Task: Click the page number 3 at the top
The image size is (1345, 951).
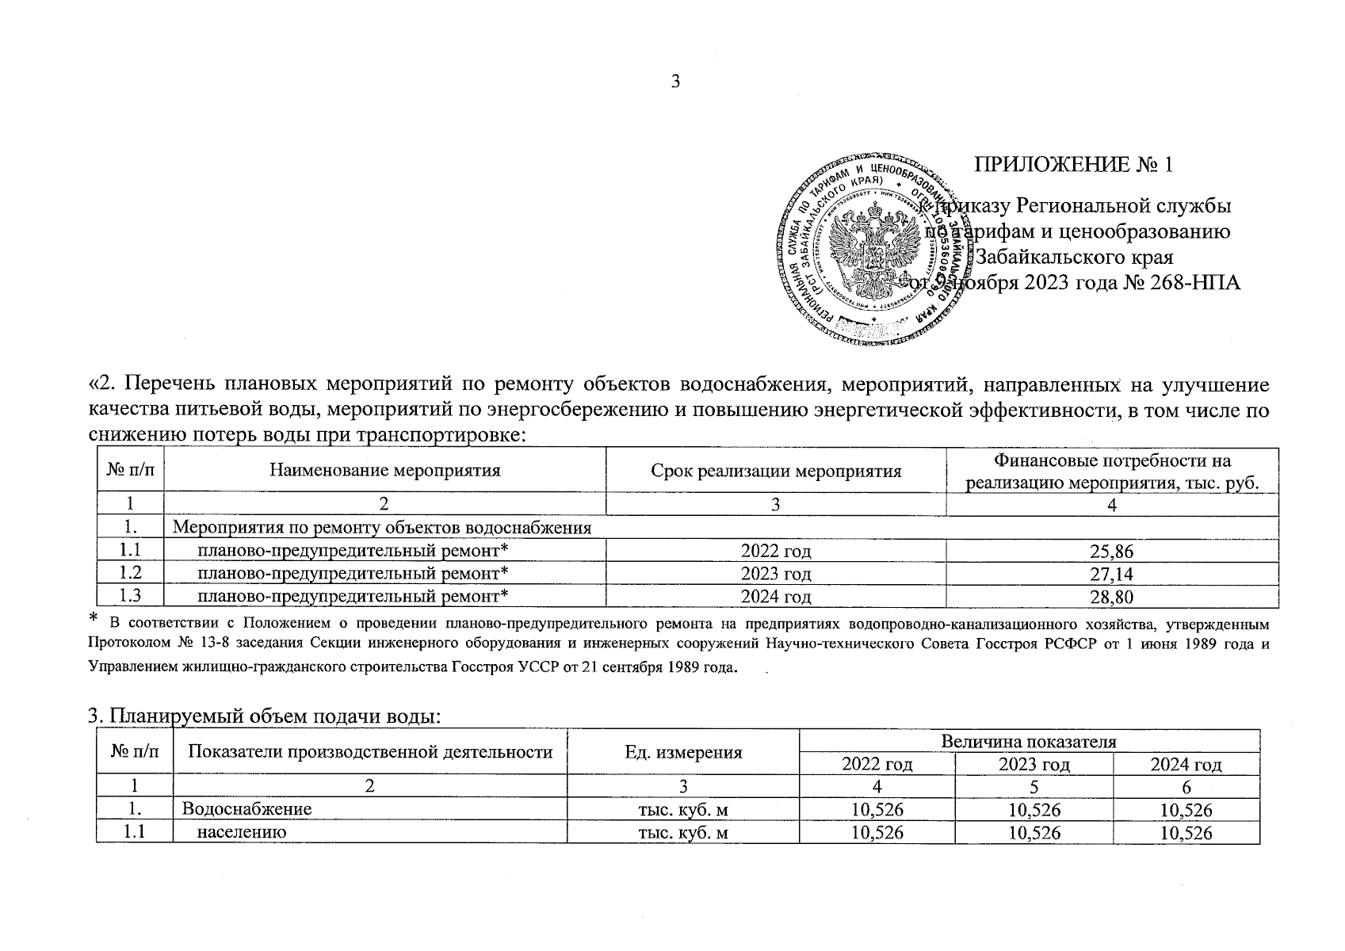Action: pyautogui.click(x=675, y=82)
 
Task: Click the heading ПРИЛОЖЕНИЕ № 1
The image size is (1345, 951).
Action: pyautogui.click(x=1073, y=165)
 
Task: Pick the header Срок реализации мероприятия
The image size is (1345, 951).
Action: pyautogui.click(x=776, y=472)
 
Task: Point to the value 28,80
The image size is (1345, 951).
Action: pyautogui.click(x=1112, y=598)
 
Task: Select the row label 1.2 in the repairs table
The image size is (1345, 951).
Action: pyautogui.click(x=130, y=574)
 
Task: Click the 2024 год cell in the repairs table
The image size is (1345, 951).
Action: pyautogui.click(x=776, y=598)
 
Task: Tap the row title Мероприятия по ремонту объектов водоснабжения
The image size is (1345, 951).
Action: pyautogui.click(x=382, y=528)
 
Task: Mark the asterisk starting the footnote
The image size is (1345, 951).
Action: pyautogui.click(x=94, y=617)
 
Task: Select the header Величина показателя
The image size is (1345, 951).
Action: pyautogui.click(x=1029, y=742)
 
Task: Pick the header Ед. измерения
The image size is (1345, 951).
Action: pyautogui.click(x=683, y=753)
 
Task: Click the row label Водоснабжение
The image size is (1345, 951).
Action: pyautogui.click(x=246, y=810)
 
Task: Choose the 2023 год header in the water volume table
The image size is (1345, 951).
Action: pyautogui.click(x=1034, y=765)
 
